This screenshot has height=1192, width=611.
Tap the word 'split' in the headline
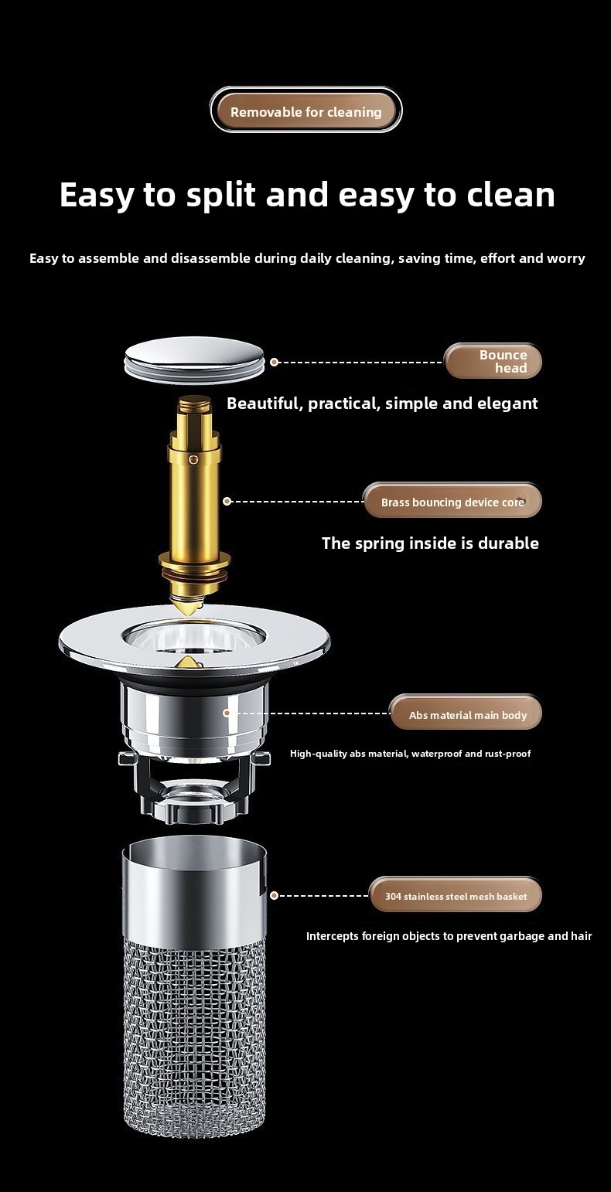220,195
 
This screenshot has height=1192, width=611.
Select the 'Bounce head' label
493,361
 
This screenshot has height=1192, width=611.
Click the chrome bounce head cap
194,359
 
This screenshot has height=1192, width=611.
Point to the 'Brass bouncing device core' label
452,501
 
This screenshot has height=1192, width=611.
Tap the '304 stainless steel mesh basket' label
456,896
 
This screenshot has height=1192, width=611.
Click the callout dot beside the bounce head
274,362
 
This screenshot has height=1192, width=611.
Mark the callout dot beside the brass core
227,501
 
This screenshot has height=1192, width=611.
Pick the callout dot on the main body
227,713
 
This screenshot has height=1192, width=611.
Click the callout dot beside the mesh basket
274,895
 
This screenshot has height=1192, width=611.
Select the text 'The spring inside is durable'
430,543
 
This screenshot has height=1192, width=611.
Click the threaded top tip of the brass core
194,407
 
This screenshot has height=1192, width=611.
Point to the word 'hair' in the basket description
581,935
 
